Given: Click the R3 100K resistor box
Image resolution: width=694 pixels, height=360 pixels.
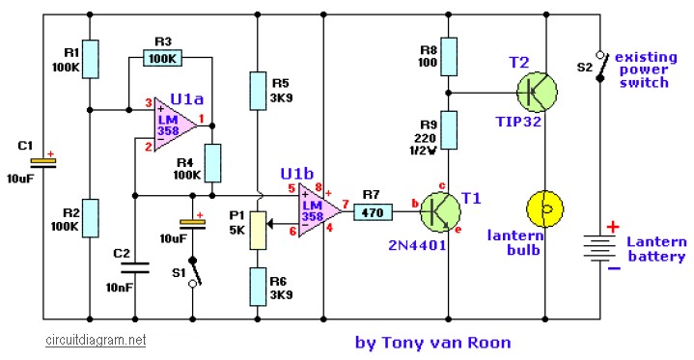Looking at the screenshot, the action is pos(162,58).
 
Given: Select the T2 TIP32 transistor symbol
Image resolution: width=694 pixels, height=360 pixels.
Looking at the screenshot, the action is pos(537,92).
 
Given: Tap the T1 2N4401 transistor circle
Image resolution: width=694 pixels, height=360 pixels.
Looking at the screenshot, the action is pos(440,212).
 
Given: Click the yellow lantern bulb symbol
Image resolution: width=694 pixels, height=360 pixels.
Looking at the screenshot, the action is pos(544,209).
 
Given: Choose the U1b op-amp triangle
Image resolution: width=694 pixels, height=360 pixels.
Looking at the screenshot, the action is pos(319,210).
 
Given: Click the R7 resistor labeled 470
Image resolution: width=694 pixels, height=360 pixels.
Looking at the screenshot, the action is pos(373,212).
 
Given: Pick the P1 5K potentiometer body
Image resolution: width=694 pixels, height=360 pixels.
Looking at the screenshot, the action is pos(258,231).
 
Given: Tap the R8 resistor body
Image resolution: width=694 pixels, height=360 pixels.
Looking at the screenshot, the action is pos(449,57).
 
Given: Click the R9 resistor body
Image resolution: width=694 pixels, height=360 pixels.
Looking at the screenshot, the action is pos(449,130).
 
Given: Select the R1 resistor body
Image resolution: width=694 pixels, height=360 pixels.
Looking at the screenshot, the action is pos(90,59).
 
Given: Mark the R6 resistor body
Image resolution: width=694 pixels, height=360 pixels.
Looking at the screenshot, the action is pos(258,287).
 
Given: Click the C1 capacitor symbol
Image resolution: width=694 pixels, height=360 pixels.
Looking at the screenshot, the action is pos(43,163).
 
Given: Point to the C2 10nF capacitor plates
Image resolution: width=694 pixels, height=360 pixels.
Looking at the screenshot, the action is pos(135,268).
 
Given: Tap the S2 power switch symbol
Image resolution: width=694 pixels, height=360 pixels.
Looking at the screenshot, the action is pos(600,67).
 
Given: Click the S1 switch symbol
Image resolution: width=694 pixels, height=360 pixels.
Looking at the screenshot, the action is pos(193,271).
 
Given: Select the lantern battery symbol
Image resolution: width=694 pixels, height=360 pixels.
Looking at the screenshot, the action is pos(600,248).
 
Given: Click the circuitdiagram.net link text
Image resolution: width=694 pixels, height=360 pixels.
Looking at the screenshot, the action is pos(96,340).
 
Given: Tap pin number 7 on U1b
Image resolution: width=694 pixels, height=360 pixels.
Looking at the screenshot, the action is pos(346,205).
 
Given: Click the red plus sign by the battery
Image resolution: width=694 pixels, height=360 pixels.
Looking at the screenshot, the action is pos(613,227).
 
